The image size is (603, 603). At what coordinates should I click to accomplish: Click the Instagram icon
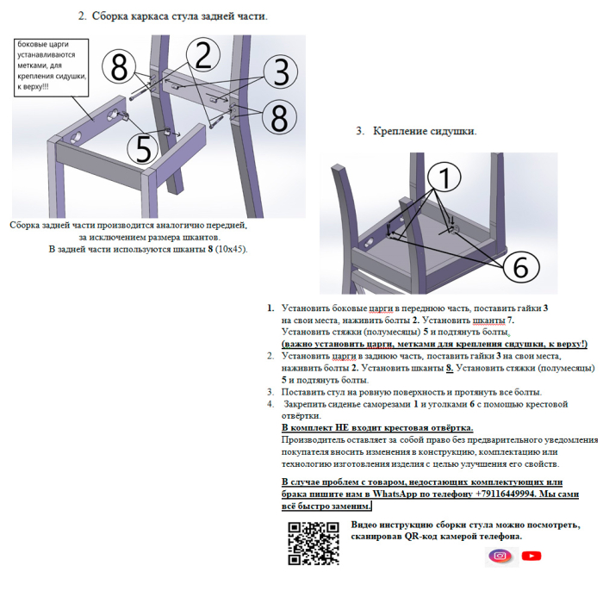click(x=500, y=556)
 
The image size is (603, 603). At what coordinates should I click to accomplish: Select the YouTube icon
click(x=532, y=556)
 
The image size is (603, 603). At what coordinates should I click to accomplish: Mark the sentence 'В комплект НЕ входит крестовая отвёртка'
click(x=377, y=427)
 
